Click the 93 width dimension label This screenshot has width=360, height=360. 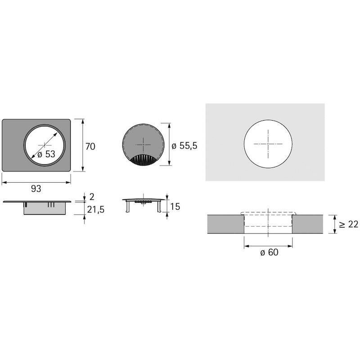(x=36, y=189)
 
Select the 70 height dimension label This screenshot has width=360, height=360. (x=90, y=146)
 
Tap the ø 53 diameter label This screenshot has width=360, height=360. (x=46, y=154)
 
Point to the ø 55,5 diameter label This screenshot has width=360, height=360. (x=184, y=145)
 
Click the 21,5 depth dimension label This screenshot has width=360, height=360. (x=96, y=210)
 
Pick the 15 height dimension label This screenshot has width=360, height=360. (x=175, y=207)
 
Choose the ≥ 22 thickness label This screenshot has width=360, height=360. (x=348, y=224)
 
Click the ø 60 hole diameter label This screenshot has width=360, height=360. (x=269, y=252)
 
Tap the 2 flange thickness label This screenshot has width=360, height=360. (x=92, y=197)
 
